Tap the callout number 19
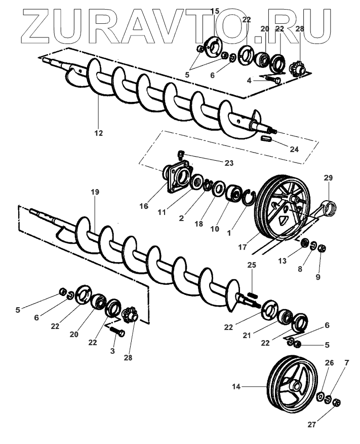(x=95, y=192)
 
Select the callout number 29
(x=328, y=178)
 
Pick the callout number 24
(x=294, y=149)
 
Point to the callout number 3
(x=113, y=351)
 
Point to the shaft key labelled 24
(x=268, y=138)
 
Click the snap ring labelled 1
(x=249, y=198)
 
